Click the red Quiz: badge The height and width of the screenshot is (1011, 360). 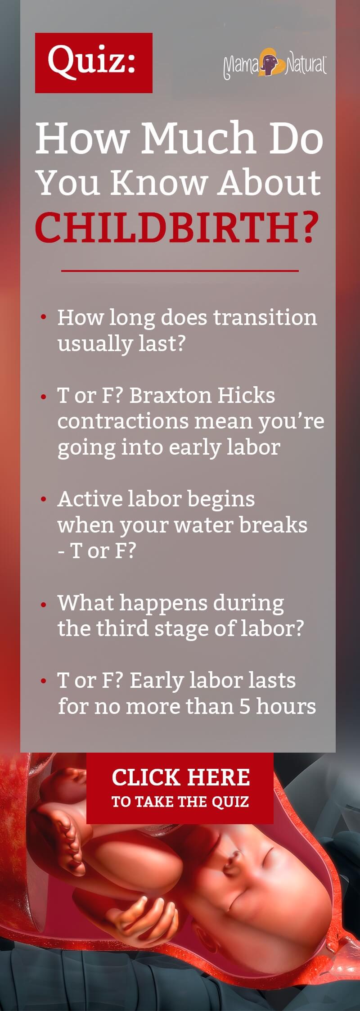pos(94,63)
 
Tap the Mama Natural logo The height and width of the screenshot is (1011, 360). pos(274,64)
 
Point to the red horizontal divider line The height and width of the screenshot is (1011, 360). pos(180,271)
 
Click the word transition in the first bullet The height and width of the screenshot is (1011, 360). pos(265,317)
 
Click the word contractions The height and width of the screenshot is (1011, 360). pos(123,421)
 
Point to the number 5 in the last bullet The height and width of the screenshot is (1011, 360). pos(244,706)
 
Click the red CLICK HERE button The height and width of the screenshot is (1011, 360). pos(180,788)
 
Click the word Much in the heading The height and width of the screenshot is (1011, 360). pos(198,137)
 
